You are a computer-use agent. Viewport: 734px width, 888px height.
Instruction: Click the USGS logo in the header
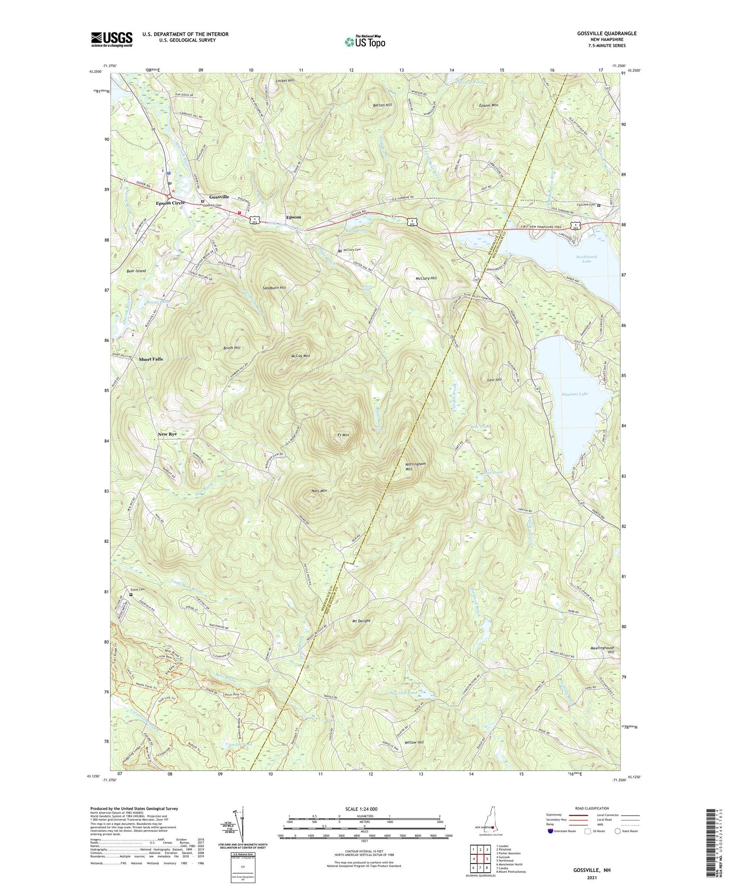coord(112,39)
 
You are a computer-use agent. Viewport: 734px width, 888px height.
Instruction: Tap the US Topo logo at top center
coord(365,42)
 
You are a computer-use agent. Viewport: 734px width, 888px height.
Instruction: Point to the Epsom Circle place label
coord(170,203)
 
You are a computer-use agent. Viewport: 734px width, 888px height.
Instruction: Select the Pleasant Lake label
coord(574,394)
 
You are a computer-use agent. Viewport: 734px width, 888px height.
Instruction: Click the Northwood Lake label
coord(587,259)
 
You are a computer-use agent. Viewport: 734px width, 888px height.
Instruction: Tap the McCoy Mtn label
coord(300,356)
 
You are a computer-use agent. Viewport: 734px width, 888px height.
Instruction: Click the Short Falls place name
coord(151,359)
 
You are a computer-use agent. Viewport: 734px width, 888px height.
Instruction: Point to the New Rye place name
coord(167,434)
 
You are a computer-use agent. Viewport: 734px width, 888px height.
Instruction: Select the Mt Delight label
coord(361,621)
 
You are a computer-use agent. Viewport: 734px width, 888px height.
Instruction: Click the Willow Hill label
coord(413,743)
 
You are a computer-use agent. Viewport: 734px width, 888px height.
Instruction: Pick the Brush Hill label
coord(232,348)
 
